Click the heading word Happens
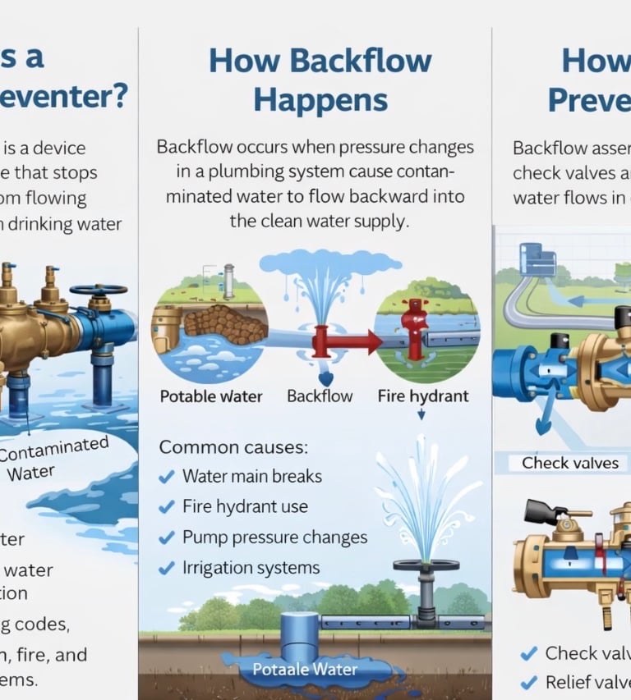pyautogui.click(x=320, y=99)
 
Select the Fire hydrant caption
pyautogui.click(x=423, y=396)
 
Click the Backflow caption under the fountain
pyautogui.click(x=320, y=396)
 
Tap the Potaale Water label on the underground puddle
pyautogui.click(x=305, y=670)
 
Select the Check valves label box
pyautogui.click(x=569, y=463)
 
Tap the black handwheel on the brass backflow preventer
pyautogui.click(x=98, y=290)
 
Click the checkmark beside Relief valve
pyautogui.click(x=528, y=682)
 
